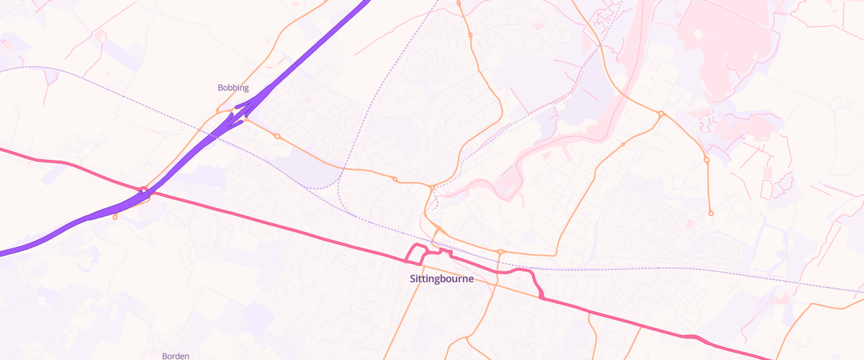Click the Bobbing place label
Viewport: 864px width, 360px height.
pos(233,88)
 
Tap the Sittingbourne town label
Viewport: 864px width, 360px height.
pos(441,279)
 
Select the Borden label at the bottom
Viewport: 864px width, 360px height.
pos(176,356)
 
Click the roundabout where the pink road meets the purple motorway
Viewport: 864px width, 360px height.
pos(144,191)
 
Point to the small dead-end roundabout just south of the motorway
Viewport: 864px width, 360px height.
pos(115,217)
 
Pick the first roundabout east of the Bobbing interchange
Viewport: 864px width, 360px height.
pos(277,136)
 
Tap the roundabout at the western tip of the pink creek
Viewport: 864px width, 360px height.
pos(431,188)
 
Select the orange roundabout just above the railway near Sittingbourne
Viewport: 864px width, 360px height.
pos(500,252)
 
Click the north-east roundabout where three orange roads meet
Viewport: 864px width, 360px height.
pos(660,114)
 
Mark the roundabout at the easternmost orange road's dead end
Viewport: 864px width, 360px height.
pos(711,213)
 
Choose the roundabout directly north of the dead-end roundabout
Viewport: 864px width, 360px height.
pos(707,160)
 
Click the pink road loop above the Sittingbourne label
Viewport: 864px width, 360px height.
pos(415,253)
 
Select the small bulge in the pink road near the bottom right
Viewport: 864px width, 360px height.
pos(693,337)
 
